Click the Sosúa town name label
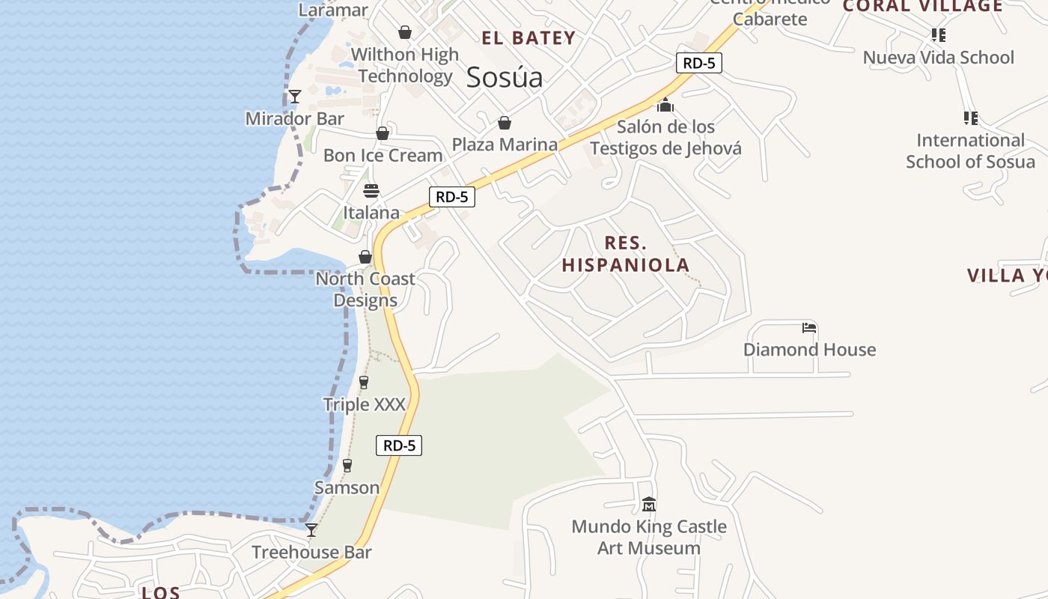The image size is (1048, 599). click(504, 77)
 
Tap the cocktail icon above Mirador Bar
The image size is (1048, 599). click(295, 97)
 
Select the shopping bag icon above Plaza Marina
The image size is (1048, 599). click(505, 123)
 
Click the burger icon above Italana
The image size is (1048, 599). click(371, 191)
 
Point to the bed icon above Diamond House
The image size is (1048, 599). click(808, 328)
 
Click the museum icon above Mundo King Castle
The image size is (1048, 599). click(649, 505)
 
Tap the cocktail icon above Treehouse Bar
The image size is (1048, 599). click(311, 530)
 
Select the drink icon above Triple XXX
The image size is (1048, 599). click(364, 383)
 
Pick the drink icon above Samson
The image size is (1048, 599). click(347, 466)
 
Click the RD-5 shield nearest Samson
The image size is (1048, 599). click(399, 446)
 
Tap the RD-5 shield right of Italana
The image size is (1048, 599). click(452, 197)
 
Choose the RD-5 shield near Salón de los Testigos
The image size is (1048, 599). click(699, 63)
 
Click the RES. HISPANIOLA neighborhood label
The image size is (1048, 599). click(626, 254)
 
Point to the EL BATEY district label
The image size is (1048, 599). click(528, 38)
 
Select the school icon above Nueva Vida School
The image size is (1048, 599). click(938, 35)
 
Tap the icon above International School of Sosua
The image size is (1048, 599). click(970, 118)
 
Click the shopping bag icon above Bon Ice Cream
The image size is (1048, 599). click(383, 133)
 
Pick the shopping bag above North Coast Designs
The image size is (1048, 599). click(365, 257)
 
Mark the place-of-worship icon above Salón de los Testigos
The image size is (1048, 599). click(665, 105)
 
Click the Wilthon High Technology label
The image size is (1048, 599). click(405, 65)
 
